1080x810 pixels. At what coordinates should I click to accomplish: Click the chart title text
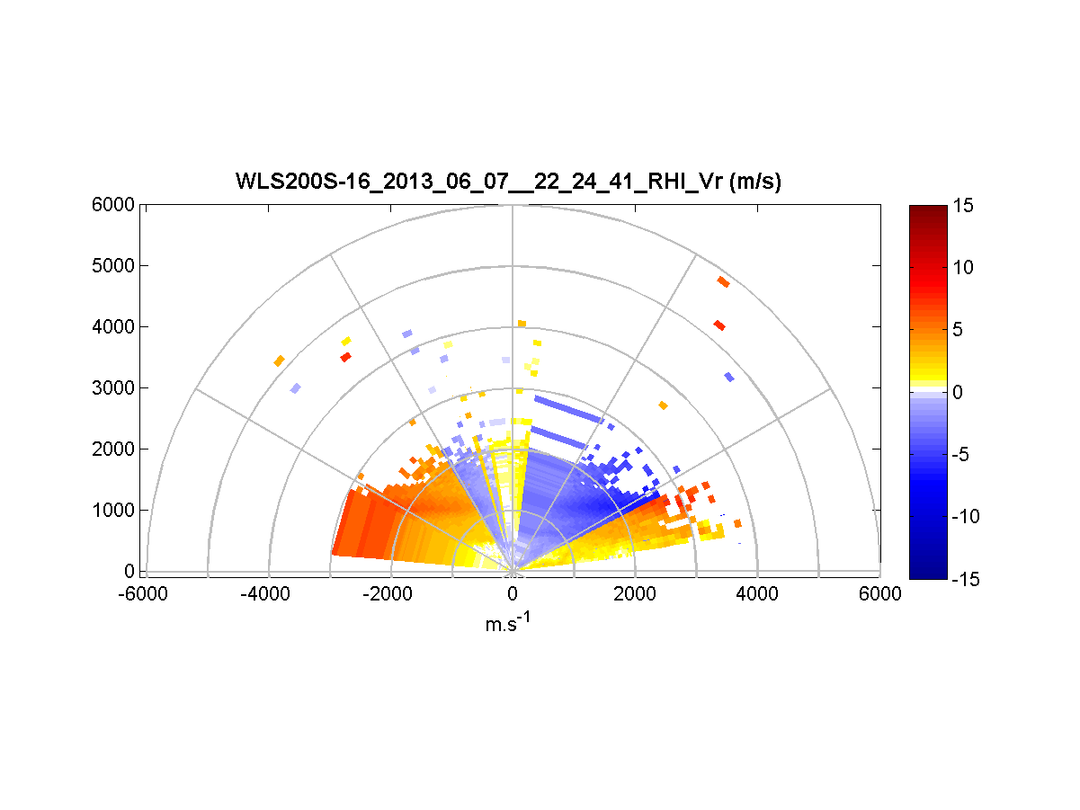508,182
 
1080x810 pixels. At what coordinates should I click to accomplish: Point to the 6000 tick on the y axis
113,205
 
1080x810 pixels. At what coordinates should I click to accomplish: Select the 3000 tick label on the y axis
113,388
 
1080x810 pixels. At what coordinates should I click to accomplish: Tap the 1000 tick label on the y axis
113,511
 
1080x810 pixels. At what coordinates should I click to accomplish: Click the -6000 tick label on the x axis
146,593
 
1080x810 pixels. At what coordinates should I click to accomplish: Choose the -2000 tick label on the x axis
389,593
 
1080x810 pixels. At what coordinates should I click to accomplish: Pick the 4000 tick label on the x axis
757,593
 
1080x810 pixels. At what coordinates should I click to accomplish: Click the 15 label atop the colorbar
963,206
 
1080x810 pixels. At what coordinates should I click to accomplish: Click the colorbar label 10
963,268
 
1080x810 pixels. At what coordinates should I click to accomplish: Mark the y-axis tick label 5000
113,266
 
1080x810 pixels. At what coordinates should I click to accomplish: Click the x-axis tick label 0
513,593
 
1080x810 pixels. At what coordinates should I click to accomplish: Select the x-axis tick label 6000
879,593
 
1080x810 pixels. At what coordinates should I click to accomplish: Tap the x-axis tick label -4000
267,593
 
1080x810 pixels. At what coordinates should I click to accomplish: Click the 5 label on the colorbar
959,330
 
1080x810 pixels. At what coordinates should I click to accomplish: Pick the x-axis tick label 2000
635,593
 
